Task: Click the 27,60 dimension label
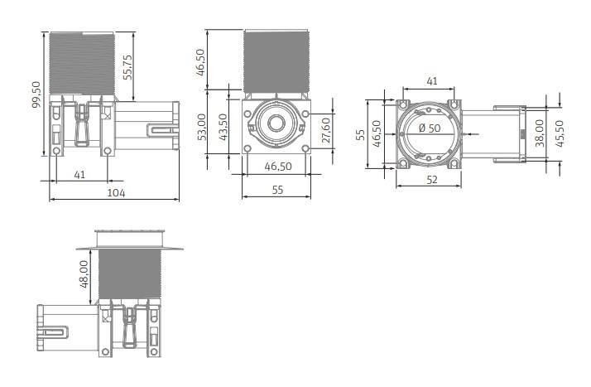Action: click(x=324, y=130)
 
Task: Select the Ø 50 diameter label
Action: click(x=430, y=128)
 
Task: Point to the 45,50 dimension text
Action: click(x=560, y=133)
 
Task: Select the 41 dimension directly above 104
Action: click(x=79, y=174)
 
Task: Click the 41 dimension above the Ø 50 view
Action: click(x=430, y=82)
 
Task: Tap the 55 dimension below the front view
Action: click(x=276, y=191)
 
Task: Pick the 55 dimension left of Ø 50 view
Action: click(x=360, y=134)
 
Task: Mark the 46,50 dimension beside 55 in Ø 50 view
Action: click(x=377, y=134)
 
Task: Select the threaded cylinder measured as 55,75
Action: click(x=81, y=62)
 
